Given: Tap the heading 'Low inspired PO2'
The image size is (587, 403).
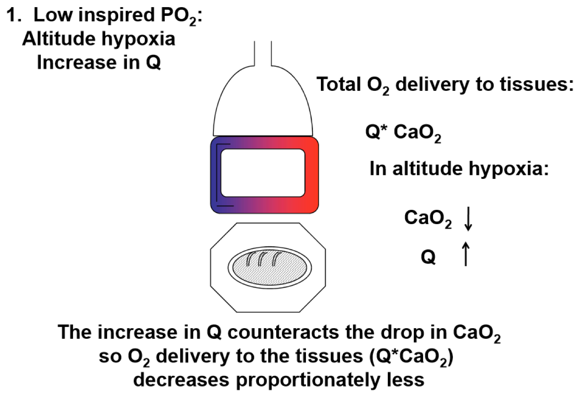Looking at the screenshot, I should [117, 16].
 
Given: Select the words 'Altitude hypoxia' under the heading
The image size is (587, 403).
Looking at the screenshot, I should [98, 39].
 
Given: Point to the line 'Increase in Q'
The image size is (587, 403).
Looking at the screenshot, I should [98, 62].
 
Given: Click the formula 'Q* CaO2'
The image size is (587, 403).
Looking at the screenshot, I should [403, 133].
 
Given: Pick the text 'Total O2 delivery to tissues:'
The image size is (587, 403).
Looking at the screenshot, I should [444, 84].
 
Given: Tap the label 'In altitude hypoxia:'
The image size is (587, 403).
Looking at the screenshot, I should [459, 169].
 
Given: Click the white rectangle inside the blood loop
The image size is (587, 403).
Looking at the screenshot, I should [263, 173].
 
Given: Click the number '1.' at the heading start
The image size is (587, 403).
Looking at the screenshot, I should [15, 16].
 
